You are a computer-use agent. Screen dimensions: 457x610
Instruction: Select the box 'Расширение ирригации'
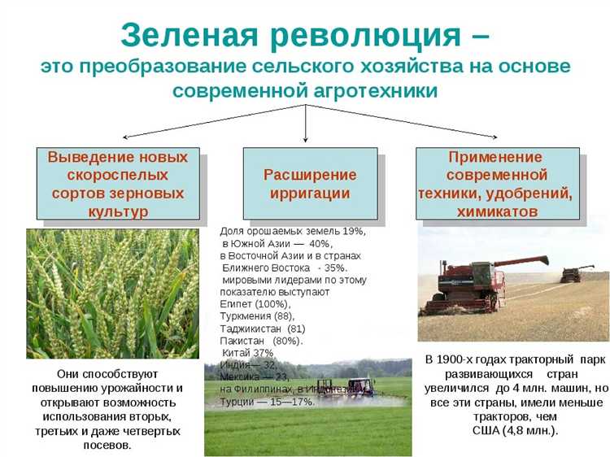310,184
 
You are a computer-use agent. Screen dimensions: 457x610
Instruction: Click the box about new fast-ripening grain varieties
118,184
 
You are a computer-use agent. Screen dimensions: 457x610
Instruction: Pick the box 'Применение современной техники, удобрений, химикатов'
497,184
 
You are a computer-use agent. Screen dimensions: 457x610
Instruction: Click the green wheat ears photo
112,293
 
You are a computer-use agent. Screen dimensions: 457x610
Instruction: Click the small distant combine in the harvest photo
577,273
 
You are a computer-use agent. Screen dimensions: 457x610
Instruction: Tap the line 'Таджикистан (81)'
262,328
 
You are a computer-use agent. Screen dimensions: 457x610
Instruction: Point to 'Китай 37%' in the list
247,353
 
